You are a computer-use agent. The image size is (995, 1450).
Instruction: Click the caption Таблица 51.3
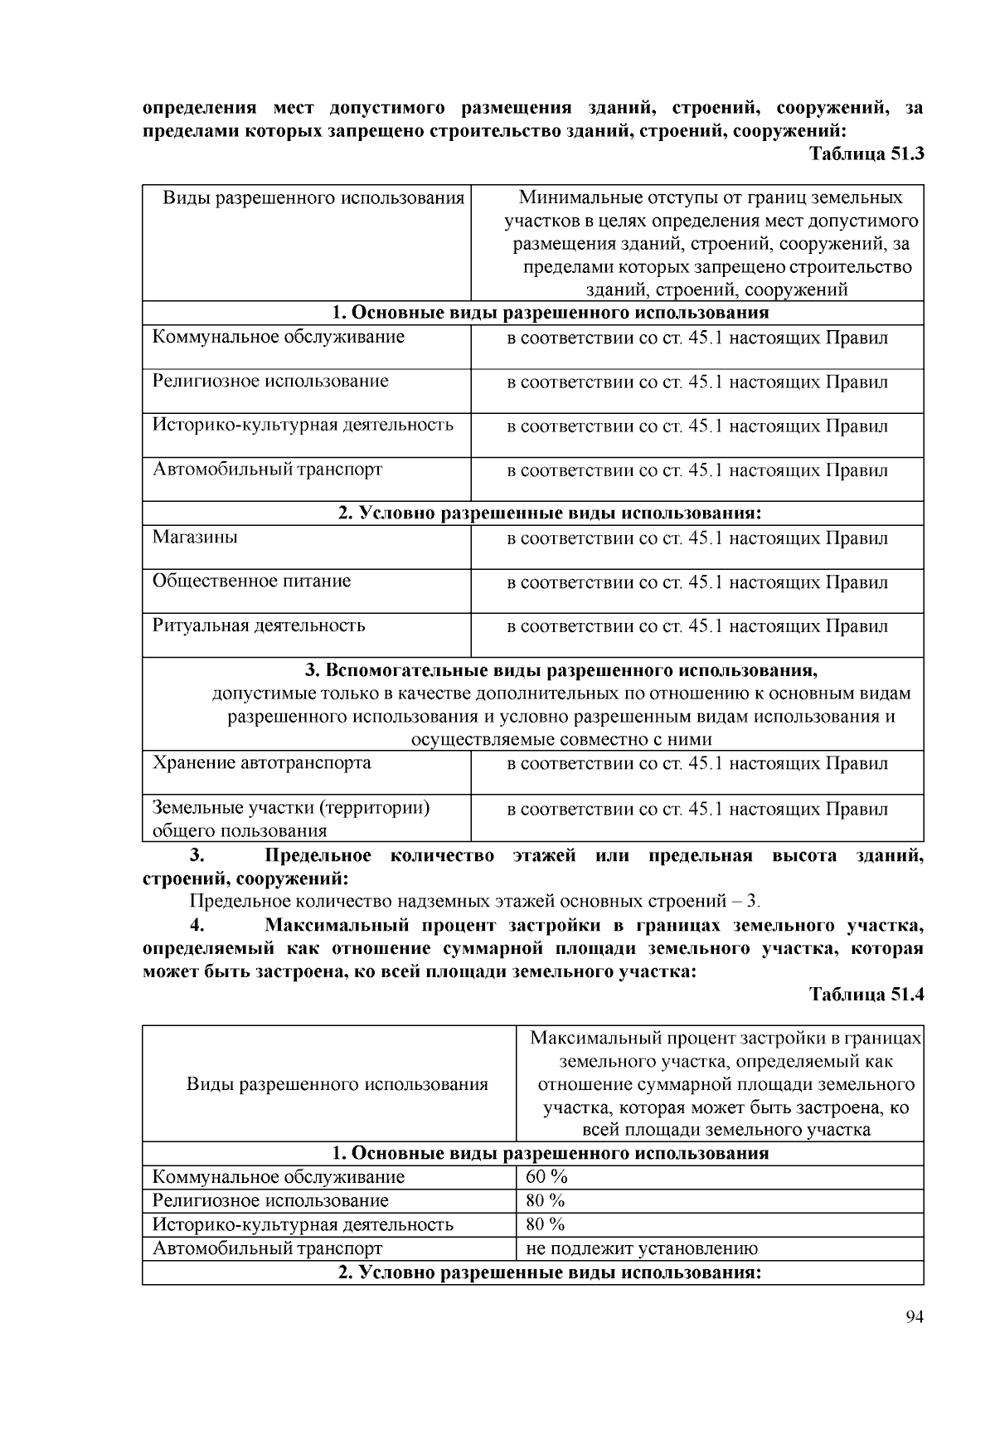[866, 154]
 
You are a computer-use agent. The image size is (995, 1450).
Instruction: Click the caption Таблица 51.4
[866, 995]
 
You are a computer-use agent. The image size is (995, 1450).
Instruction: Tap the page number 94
[915, 1317]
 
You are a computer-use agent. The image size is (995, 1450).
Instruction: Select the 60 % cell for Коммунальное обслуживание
[546, 1176]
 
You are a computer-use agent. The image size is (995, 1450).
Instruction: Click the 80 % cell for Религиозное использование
[545, 1200]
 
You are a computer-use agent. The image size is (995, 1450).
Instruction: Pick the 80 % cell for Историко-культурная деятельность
[545, 1224]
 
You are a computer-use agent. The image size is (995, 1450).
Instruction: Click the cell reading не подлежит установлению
[641, 1248]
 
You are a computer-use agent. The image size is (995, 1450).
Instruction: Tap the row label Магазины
[195, 537]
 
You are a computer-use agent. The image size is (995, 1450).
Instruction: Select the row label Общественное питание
[251, 581]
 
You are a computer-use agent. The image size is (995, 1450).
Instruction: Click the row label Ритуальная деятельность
[258, 625]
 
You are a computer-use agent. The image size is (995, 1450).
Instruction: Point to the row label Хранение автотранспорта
[261, 762]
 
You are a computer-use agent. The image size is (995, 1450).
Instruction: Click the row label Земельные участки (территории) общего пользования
[290, 818]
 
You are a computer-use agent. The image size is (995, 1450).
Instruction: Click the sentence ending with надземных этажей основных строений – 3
[474, 901]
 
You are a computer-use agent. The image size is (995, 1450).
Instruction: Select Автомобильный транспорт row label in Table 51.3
[267, 470]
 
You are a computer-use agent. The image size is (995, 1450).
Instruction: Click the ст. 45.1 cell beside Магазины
[696, 538]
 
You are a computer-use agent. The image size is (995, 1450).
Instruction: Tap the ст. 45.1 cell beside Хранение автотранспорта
[696, 763]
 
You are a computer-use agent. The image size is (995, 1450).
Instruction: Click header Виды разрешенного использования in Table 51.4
[337, 1084]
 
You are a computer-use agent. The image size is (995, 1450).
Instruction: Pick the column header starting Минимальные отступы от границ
[711, 243]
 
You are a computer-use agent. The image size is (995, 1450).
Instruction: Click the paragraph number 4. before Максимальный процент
[197, 925]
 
